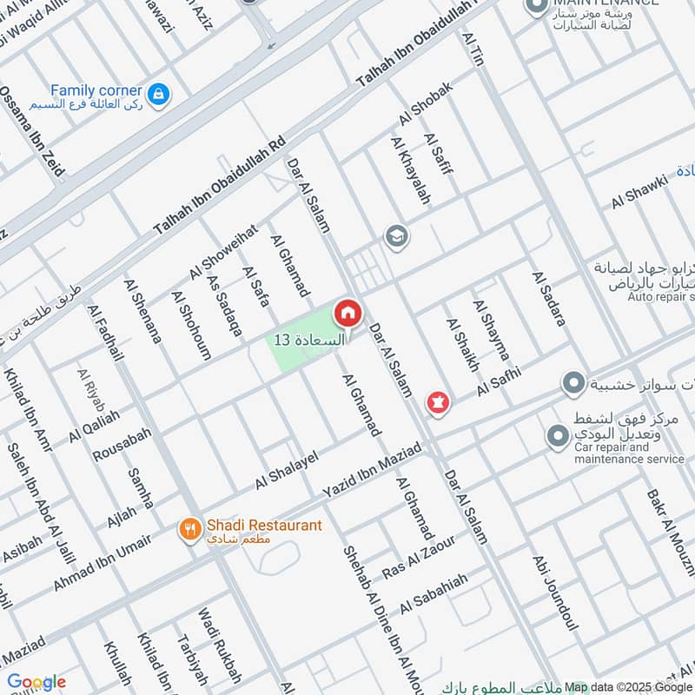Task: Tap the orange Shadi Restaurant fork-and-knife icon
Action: pos(188,527)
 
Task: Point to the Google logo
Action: pos(36,682)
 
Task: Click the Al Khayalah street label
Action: pos(411,170)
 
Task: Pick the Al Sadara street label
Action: pos(548,298)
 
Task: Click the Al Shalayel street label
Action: pos(287,470)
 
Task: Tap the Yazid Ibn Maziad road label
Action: pos(372,469)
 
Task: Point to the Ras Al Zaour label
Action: pos(419,556)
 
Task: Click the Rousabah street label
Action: pos(122,444)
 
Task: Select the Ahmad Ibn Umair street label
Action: pos(102,563)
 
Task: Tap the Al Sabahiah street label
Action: pos(434,593)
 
